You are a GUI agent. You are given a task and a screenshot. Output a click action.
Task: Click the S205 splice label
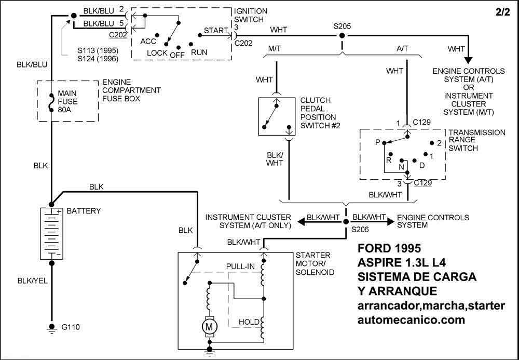(x=342, y=26)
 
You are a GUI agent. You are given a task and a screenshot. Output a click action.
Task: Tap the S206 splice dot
(x=346, y=221)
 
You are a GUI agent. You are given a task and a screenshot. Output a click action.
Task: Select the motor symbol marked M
(x=210, y=327)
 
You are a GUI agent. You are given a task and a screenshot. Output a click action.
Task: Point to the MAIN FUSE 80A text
(x=67, y=102)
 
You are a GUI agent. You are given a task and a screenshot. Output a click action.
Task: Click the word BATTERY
(x=84, y=211)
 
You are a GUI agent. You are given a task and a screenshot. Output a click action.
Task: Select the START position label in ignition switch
(x=215, y=31)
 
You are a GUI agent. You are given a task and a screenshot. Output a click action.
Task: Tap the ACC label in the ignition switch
(x=148, y=41)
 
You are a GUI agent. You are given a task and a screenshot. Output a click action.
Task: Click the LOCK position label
(x=157, y=53)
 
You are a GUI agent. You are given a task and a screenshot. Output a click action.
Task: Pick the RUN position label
(x=199, y=52)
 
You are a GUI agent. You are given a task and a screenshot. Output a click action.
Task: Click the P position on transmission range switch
(x=378, y=142)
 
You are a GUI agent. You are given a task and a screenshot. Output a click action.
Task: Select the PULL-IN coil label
(x=240, y=266)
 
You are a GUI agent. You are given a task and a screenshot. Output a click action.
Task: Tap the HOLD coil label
(x=249, y=322)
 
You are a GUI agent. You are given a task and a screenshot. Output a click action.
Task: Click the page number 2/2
(x=502, y=12)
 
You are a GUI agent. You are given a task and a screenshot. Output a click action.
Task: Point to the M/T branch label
(x=275, y=48)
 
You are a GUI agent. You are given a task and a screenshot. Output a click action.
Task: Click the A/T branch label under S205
(x=402, y=48)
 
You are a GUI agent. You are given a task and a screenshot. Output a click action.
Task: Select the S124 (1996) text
(x=98, y=59)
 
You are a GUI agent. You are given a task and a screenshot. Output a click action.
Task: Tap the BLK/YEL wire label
(x=32, y=281)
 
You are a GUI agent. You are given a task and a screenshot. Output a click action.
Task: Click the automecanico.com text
(x=411, y=320)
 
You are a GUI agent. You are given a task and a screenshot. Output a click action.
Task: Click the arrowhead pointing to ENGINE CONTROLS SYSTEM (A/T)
(x=469, y=60)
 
